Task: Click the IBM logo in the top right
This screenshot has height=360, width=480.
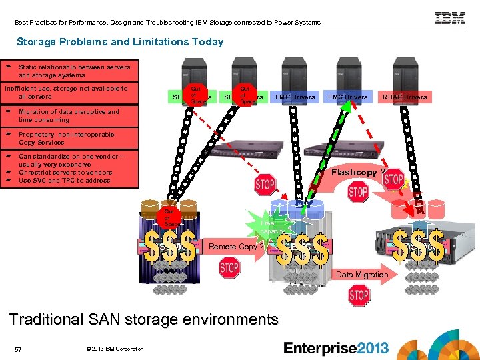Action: pyautogui.click(x=450, y=19)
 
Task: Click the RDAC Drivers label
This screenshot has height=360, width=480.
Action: pyautogui.click(x=405, y=97)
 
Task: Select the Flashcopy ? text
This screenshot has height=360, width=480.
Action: pyautogui.click(x=357, y=172)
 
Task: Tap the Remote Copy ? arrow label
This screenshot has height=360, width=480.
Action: pyautogui.click(x=233, y=247)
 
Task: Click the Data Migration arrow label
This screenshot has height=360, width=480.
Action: pyautogui.click(x=362, y=275)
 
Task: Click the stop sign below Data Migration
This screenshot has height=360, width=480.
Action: pyautogui.click(x=359, y=294)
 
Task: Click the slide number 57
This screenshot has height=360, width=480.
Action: pyautogui.click(x=19, y=349)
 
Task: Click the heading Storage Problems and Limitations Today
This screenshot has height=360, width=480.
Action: pyautogui.click(x=120, y=42)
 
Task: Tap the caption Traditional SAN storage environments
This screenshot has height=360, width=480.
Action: pyautogui.click(x=143, y=319)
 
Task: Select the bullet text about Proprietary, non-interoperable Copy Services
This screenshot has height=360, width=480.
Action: pyautogui.click(x=66, y=139)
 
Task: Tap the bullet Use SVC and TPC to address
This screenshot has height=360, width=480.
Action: pyautogui.click(x=64, y=181)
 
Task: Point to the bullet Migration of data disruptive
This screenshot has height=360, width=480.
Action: pyautogui.click(x=69, y=116)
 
